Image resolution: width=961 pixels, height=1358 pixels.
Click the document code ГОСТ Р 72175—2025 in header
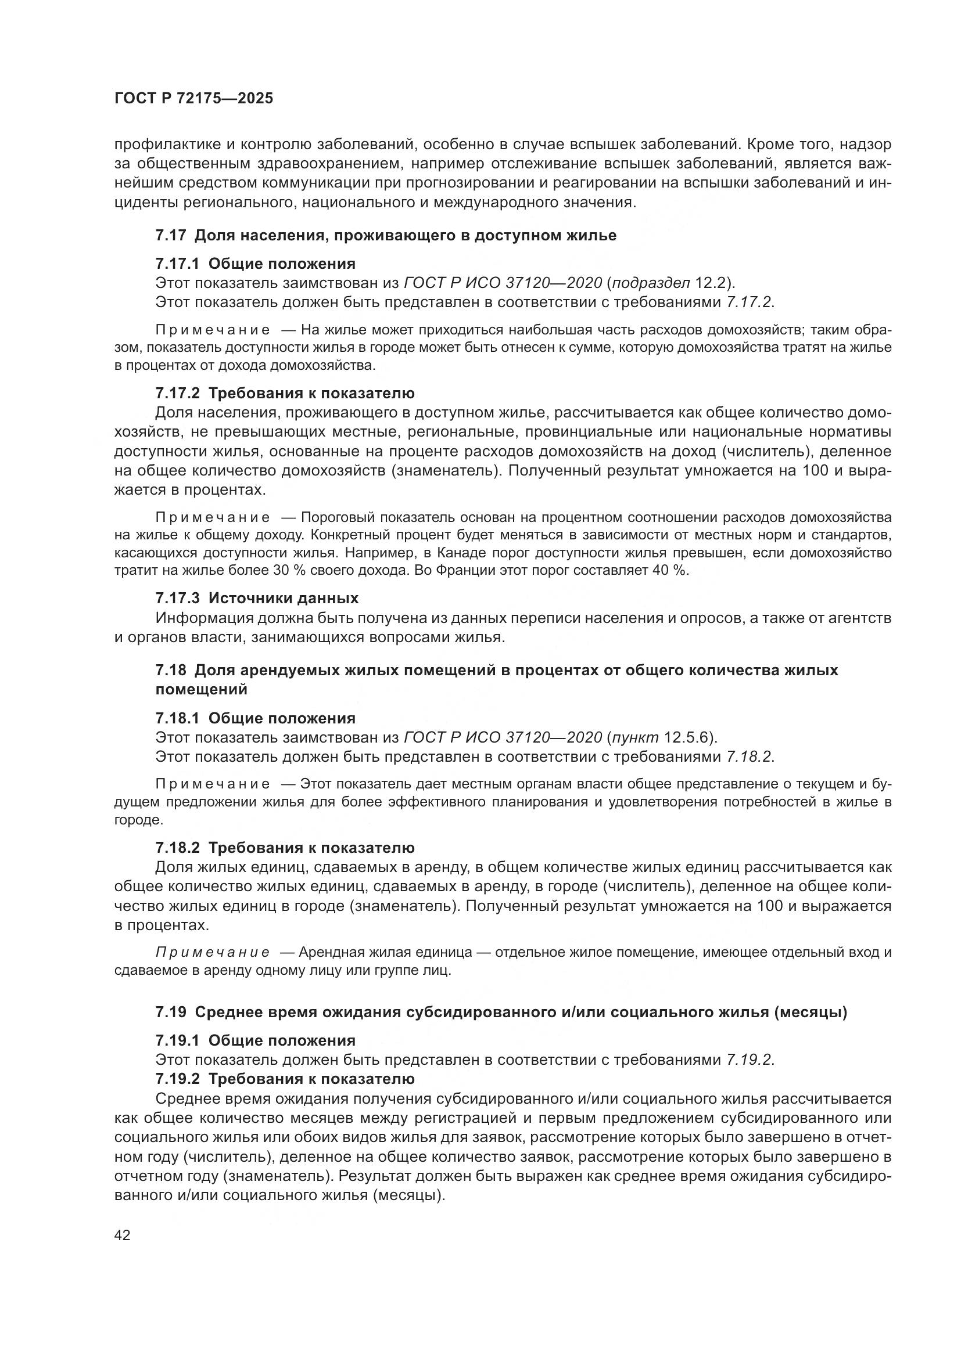(x=193, y=99)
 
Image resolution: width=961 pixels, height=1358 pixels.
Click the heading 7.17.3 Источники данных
(x=257, y=598)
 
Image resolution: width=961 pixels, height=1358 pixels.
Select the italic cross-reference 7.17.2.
(x=749, y=302)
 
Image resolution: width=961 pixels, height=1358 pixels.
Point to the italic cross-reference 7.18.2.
(x=749, y=757)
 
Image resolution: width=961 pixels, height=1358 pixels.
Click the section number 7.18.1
(x=178, y=718)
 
